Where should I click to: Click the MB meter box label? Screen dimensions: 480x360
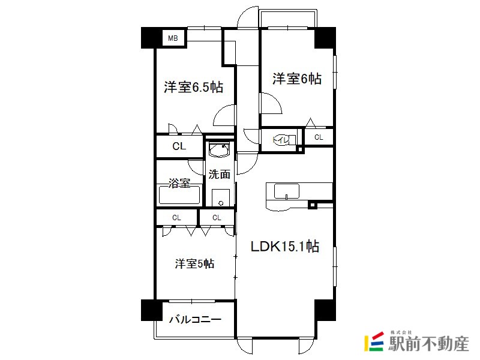click(x=173, y=38)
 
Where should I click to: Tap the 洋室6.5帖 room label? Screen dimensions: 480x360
click(x=193, y=87)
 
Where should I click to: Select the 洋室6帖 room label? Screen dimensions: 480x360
click(x=297, y=79)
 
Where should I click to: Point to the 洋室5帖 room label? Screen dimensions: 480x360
click(x=194, y=263)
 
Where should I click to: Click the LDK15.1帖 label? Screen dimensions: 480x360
click(x=285, y=246)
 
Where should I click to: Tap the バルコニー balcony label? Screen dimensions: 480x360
click(x=196, y=320)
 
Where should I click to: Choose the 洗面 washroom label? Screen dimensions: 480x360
click(x=220, y=174)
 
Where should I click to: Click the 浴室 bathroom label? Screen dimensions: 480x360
click(x=179, y=183)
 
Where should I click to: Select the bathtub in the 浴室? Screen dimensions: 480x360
click(x=179, y=196)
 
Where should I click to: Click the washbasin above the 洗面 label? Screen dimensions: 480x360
click(x=219, y=149)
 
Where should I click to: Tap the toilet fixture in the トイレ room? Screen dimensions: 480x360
click(x=284, y=140)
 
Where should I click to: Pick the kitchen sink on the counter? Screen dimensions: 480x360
click(x=287, y=191)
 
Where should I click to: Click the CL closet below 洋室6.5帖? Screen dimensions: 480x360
click(x=179, y=146)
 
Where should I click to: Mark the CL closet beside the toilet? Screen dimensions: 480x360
click(x=319, y=137)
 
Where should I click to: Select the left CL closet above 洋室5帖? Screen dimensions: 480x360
click(x=176, y=218)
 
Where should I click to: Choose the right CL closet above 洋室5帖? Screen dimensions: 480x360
click(x=217, y=218)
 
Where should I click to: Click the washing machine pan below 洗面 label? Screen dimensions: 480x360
click(x=221, y=198)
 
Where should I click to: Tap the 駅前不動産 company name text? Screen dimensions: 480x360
click(x=429, y=343)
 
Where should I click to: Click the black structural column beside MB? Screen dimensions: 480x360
click(x=152, y=38)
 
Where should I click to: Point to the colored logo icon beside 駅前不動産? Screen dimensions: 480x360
click(x=374, y=341)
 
